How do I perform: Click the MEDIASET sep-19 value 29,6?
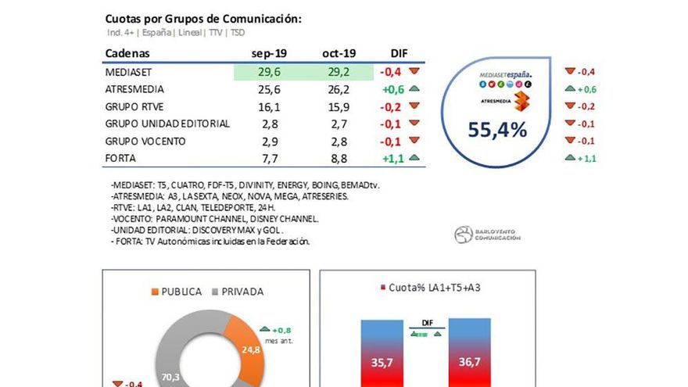click(267, 72)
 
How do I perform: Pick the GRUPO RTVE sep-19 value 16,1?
click(267, 106)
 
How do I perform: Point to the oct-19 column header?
click(339, 53)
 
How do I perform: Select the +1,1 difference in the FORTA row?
click(392, 158)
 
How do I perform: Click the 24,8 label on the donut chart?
click(251, 349)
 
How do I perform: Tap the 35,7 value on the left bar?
click(382, 363)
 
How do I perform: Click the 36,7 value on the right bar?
click(469, 363)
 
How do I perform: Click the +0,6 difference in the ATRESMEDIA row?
click(392, 89)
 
